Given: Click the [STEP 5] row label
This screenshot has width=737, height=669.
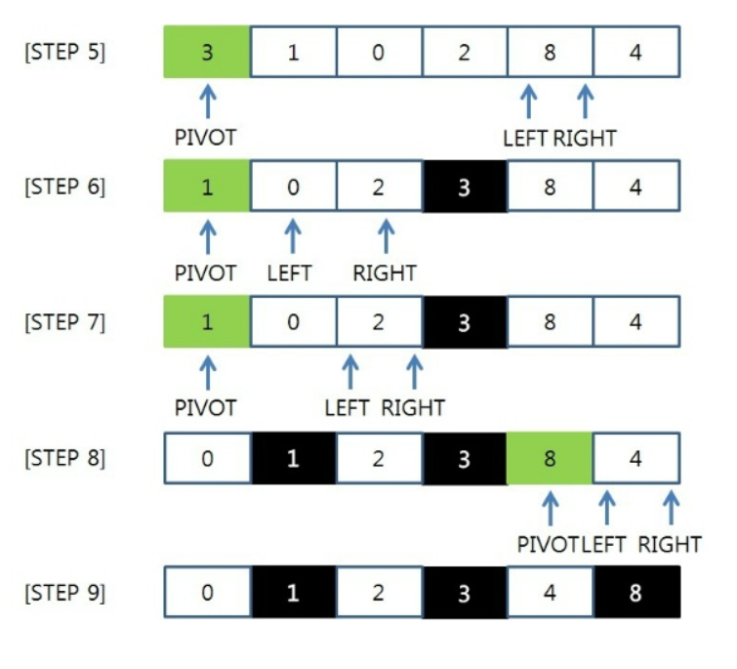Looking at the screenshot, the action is click(x=64, y=52).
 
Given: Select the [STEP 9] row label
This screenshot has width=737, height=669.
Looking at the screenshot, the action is click(x=64, y=593).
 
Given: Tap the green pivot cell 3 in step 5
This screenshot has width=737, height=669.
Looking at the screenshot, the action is click(x=207, y=52).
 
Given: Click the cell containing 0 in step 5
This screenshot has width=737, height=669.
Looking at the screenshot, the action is click(x=379, y=52).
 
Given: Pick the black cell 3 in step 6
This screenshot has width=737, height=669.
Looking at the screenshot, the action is click(x=465, y=187).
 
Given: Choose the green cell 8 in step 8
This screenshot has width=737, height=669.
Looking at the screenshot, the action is click(x=550, y=458).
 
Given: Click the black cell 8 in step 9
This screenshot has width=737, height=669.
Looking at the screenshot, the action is click(x=636, y=593).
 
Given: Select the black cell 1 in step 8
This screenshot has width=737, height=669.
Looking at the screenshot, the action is click(x=293, y=458).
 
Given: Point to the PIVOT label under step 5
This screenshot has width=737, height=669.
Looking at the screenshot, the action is click(x=205, y=138).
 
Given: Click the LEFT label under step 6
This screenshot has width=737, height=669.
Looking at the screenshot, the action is click(x=290, y=273).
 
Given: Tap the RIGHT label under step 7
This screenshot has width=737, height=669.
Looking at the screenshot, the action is click(x=413, y=408).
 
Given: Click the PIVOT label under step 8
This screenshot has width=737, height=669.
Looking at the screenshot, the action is click(x=548, y=545).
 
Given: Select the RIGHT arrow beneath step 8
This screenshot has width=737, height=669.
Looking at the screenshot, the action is click(x=671, y=508).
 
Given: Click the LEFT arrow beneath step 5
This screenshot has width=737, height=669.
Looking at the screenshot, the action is click(x=529, y=101).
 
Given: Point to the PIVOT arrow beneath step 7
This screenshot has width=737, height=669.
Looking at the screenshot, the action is click(x=208, y=373).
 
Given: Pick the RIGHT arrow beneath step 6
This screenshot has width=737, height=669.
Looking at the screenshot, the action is click(x=387, y=236).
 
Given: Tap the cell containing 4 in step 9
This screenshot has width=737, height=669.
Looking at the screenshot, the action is click(x=550, y=593).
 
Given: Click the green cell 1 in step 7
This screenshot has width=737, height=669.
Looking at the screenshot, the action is click(x=207, y=322).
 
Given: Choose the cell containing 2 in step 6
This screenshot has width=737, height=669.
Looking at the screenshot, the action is click(x=379, y=187).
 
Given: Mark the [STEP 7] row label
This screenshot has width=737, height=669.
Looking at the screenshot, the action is click(x=64, y=322).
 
